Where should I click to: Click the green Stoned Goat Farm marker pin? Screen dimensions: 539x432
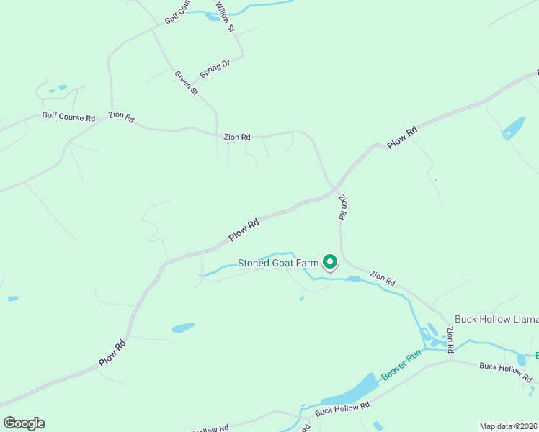pyautogui.click(x=329, y=261)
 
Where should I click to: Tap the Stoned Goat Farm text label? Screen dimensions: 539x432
pyautogui.click(x=278, y=264)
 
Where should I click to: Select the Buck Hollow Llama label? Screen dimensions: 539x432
pyautogui.click(x=496, y=319)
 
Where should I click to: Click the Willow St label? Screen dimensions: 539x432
pyautogui.click(x=225, y=17)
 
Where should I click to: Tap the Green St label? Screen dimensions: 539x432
pyautogui.click(x=186, y=82)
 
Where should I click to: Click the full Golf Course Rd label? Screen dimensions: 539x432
pyautogui.click(x=68, y=116)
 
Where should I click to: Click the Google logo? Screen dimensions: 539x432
pyautogui.click(x=24, y=423)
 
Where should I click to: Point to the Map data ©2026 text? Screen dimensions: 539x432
pyautogui.click(x=508, y=426)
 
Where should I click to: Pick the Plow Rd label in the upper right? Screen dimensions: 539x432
pyautogui.click(x=402, y=138)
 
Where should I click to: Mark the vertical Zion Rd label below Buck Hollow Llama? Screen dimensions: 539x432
pyautogui.click(x=450, y=339)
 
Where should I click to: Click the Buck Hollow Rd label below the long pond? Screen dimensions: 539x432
pyautogui.click(x=342, y=407)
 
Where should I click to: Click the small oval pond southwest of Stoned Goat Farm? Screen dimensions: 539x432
pyautogui.click(x=183, y=328)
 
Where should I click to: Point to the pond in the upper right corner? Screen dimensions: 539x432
pyautogui.click(x=514, y=127)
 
